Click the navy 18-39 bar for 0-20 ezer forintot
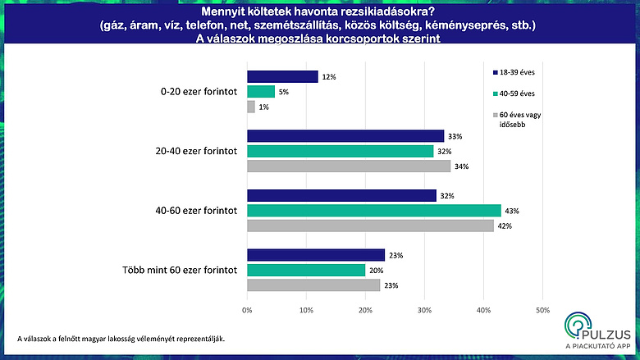[x=282, y=76]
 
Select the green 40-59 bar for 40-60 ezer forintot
[x=373, y=211]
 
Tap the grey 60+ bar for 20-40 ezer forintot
[x=348, y=166]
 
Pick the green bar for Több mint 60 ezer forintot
[x=306, y=270]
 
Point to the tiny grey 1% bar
[x=250, y=107]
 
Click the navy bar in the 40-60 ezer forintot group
[x=341, y=195]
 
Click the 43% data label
[x=510, y=211]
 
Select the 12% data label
[x=328, y=76]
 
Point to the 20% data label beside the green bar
[x=376, y=270]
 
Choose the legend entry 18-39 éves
[x=514, y=72]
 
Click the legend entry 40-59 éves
[x=514, y=93]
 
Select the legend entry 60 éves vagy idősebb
[x=516, y=118]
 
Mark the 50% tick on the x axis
[x=542, y=311]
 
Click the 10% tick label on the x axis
[x=306, y=311]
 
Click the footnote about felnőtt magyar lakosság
[x=121, y=337]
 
